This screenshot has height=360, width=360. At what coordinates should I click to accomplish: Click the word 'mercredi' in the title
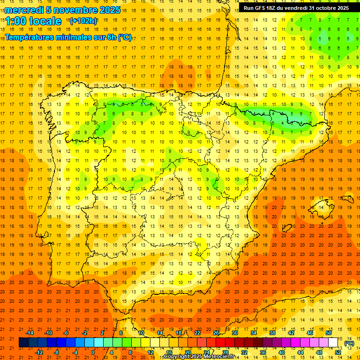25,10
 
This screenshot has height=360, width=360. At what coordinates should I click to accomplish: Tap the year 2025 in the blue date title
110,10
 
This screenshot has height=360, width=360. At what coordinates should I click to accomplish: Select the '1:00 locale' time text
33,21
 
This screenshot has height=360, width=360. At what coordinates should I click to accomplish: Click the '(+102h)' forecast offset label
83,21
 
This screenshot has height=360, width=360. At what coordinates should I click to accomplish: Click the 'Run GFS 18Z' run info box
296,8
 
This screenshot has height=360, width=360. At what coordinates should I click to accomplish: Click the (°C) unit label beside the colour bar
349,343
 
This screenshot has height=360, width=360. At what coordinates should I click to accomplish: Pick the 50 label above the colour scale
328,332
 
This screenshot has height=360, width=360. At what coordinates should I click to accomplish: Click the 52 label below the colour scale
338,352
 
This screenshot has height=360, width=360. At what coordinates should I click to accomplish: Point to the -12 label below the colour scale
39,352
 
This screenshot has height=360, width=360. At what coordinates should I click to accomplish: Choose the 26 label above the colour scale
216,332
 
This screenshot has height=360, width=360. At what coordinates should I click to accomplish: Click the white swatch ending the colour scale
333,343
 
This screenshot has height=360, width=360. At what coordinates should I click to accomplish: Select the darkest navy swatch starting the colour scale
23,343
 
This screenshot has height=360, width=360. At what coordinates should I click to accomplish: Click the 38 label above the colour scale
272,332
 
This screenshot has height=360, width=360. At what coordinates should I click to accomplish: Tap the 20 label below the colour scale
187,352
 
